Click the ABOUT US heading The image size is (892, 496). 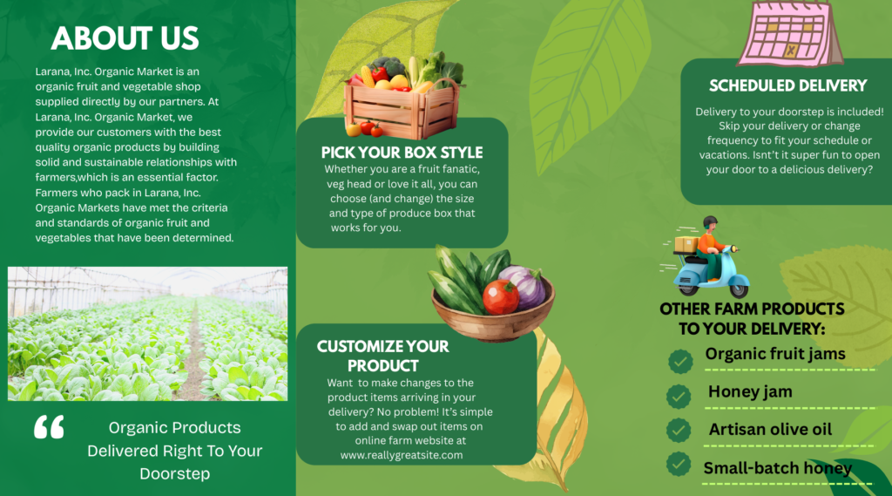coord(125,38)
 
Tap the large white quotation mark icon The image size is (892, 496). coord(49,427)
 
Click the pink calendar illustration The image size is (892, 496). coord(791,33)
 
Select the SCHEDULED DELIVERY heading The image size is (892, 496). coord(787,86)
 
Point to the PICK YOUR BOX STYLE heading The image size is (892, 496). coord(402,153)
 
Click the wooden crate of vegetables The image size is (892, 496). coord(403,97)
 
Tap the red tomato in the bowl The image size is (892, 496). coord(501,296)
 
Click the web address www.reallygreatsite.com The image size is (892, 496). coord(402,455)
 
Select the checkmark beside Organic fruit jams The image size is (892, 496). coord(679,361)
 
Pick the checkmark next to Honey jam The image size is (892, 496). coord(678,397)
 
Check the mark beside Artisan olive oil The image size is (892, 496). coord(678,431)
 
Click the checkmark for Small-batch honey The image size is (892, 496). coord(678,464)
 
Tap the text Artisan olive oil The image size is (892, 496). coord(770,430)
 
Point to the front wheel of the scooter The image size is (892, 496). coord(739,287)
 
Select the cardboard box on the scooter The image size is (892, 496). coord(686,244)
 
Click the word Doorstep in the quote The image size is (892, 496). coord(174,474)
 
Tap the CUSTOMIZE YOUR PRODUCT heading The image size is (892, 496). coord(383,356)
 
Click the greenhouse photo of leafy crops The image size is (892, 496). coord(147,334)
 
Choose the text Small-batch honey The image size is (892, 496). coord(778,468)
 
